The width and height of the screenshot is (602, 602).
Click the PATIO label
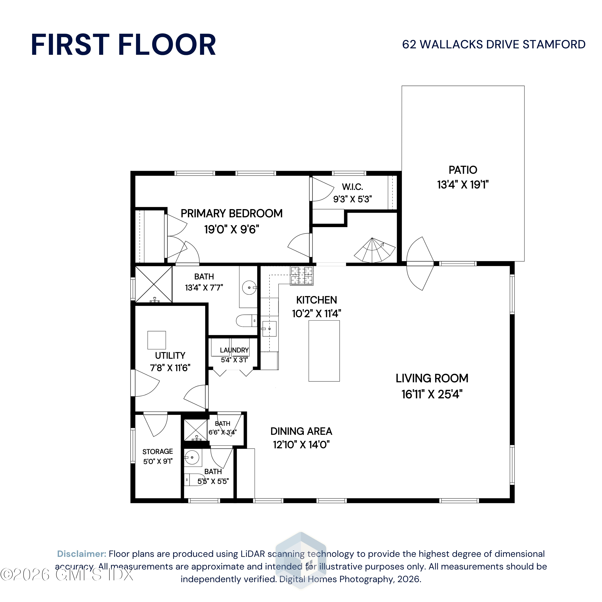click(x=463, y=170)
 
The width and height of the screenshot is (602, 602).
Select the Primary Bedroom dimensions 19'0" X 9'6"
click(x=232, y=229)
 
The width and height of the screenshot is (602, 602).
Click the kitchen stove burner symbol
click(x=302, y=276)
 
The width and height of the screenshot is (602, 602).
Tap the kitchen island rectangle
click(x=324, y=351)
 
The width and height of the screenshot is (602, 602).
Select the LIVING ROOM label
click(x=432, y=378)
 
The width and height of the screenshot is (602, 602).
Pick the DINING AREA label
click(x=301, y=431)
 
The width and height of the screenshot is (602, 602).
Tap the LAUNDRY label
click(x=234, y=350)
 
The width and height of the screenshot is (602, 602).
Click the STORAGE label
click(x=158, y=451)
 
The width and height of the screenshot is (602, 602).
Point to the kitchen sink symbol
click(x=269, y=329)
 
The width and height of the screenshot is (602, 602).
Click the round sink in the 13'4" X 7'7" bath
click(x=249, y=288)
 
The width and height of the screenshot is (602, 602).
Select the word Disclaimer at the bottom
click(x=82, y=554)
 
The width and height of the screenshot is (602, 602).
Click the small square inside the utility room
click(x=157, y=340)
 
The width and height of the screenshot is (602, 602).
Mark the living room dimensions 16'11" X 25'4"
click(x=432, y=394)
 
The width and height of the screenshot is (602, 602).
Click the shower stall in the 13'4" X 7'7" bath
click(x=154, y=284)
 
